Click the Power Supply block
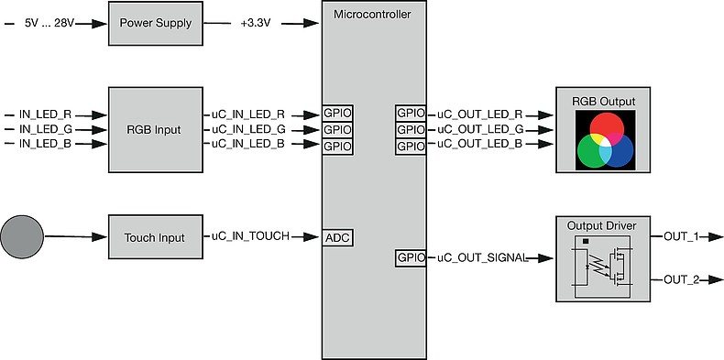153,23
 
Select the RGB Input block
153,129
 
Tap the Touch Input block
153,237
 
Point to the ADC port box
337,237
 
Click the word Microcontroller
374,14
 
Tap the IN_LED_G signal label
45,129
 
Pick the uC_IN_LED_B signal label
248,145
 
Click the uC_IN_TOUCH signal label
250,237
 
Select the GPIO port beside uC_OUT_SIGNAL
411,257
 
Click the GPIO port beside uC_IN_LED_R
337,115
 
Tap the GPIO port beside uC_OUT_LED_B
411,145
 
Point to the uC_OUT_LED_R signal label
480,115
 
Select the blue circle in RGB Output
615,149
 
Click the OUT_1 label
681,237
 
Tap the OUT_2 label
681,279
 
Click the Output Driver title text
602,225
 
